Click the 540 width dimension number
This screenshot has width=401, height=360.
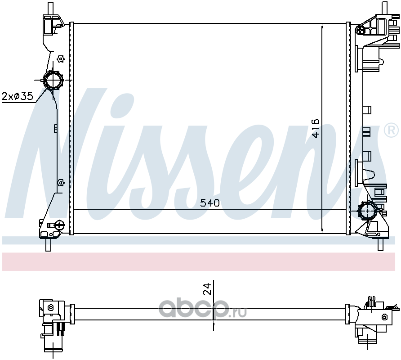209,203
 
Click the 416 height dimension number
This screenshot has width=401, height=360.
316,128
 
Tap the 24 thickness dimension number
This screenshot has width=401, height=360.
208,289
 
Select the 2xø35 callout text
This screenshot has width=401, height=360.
18,96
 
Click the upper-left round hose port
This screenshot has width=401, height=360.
53,81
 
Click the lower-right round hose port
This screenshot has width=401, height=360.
367,211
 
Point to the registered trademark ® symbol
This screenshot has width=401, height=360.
391,131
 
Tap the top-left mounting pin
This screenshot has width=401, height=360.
51,8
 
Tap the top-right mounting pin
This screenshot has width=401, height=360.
384,7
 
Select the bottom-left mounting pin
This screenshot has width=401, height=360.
49,244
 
